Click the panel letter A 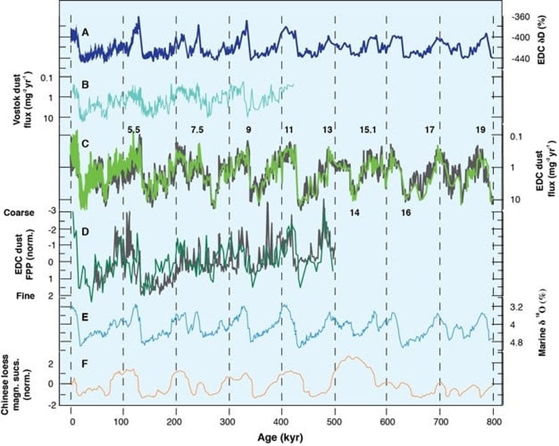85,32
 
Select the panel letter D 85,231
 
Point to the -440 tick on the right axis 520,59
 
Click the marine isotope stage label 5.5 133,129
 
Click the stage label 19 480,129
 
